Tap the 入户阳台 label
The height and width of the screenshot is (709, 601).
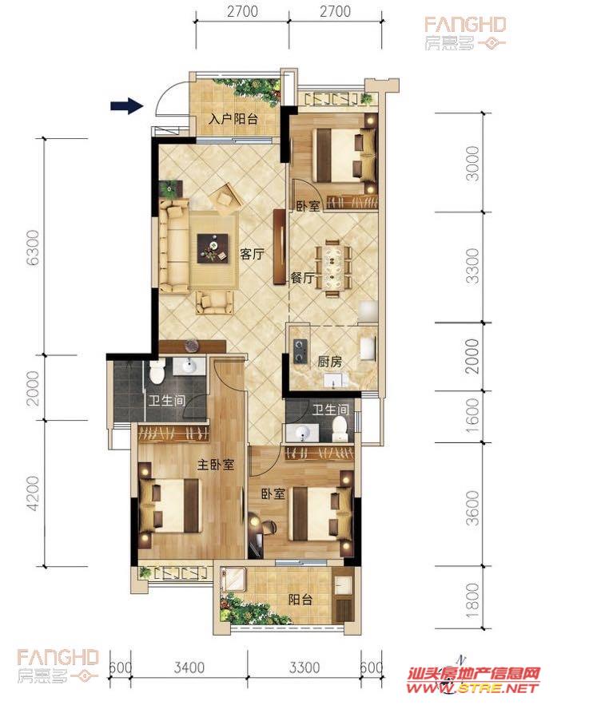233,119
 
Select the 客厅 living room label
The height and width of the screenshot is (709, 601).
252,254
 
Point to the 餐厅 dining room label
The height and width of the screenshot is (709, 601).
302,278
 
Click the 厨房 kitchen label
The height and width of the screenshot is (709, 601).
330,362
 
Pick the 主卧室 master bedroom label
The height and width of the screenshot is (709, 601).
216,464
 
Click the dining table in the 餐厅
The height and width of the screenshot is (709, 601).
333,267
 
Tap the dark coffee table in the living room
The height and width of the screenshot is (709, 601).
213,248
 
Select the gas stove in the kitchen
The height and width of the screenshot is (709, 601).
300,350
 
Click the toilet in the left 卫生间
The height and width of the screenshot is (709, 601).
157,371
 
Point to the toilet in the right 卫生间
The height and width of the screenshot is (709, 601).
340,430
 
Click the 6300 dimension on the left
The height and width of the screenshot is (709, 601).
33,247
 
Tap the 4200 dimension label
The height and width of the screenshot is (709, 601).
33,493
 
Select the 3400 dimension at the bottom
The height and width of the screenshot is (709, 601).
189,667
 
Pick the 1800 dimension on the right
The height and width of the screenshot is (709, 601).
472,597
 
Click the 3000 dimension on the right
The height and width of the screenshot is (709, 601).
472,163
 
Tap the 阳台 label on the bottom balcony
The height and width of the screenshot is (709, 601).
300,600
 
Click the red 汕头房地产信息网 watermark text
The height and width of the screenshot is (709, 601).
474,674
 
